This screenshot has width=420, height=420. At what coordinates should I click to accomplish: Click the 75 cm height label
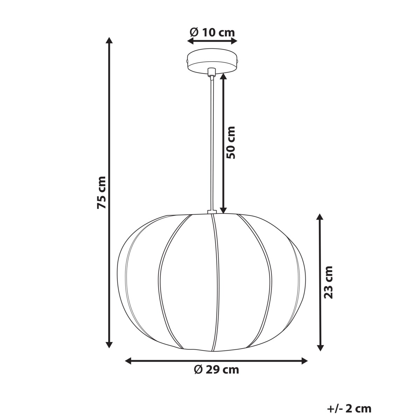101,192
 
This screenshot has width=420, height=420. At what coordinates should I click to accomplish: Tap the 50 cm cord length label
231,142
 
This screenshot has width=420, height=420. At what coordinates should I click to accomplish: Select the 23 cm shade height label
328,282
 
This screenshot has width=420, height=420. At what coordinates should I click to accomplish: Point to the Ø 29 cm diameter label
216,370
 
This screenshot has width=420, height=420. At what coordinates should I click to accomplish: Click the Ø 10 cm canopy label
212,32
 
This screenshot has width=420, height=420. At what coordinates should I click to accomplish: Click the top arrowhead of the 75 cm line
110,40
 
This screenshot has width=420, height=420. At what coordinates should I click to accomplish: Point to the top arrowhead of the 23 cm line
320,217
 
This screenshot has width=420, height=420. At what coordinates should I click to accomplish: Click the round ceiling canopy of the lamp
212,62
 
